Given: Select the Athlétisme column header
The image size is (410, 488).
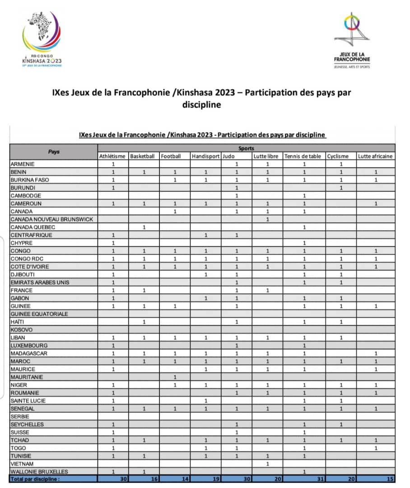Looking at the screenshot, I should pyautogui.click(x=112, y=156).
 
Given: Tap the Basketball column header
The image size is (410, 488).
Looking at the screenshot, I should pyautogui.click(x=142, y=156).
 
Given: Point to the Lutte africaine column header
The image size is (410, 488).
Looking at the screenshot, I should pyautogui.click(x=375, y=156).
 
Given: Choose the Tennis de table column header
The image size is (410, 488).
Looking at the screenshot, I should pyautogui.click(x=303, y=156).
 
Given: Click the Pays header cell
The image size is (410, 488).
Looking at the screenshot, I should pyautogui.click(x=54, y=152).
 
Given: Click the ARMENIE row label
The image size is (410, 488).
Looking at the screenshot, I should pyautogui.click(x=22, y=164).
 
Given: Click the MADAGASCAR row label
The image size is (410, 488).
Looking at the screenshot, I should pyautogui.click(x=29, y=353).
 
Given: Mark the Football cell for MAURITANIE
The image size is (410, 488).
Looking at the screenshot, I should pyautogui.click(x=175, y=377).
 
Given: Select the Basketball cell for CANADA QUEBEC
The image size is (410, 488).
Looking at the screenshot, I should pyautogui.click(x=144, y=227).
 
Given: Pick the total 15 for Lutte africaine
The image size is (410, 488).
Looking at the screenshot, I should pyautogui.click(x=390, y=479).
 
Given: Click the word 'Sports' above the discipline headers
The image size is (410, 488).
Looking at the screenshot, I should pyautogui.click(x=246, y=148).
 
